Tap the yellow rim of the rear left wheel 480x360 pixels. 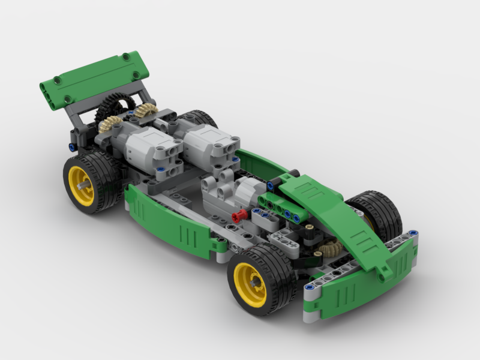pos(82,185)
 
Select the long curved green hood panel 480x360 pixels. pos(348,222)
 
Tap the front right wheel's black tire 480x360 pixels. pos(384,210)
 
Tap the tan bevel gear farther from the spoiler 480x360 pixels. pos(145,112)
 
